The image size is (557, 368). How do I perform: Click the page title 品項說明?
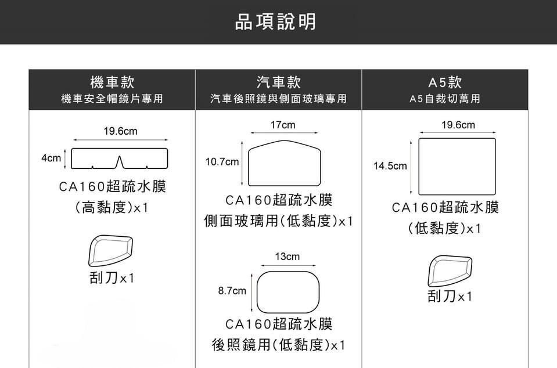276,22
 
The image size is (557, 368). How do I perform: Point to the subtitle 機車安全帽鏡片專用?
112,99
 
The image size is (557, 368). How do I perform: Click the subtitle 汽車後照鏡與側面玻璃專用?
278,99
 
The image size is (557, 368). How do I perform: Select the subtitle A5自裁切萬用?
444,99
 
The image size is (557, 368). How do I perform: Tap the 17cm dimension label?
283,125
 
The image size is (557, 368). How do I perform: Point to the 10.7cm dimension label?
221,162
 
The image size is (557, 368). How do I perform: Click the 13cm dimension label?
288,257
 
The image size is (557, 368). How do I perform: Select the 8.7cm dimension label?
232,290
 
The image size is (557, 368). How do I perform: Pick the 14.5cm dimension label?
390,166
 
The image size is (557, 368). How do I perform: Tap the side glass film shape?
284,163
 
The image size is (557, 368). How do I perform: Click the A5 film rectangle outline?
457,166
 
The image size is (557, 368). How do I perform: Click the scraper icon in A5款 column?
450,270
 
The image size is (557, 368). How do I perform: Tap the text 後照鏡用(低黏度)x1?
278,345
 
